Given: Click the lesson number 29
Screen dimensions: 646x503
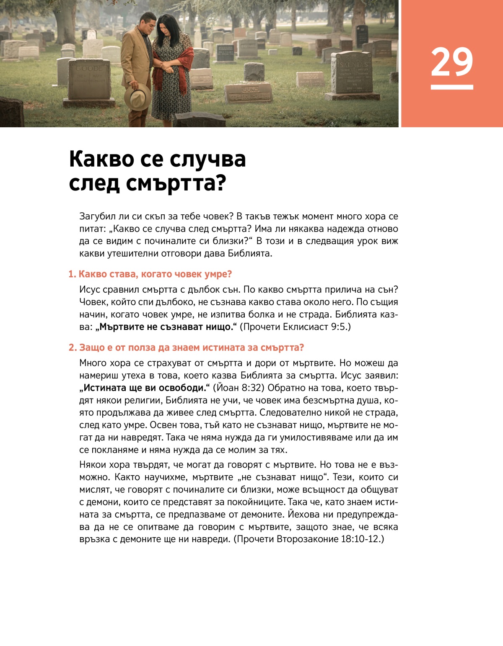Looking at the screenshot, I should (x=451, y=62).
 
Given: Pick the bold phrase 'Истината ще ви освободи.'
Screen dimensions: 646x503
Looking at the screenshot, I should (x=145, y=388).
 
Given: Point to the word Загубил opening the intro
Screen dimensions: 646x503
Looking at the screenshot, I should (x=97, y=216).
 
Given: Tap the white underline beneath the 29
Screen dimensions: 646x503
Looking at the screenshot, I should (x=451, y=87).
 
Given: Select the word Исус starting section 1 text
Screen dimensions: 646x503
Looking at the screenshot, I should (x=89, y=290).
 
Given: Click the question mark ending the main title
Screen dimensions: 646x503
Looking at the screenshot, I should (x=221, y=183).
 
